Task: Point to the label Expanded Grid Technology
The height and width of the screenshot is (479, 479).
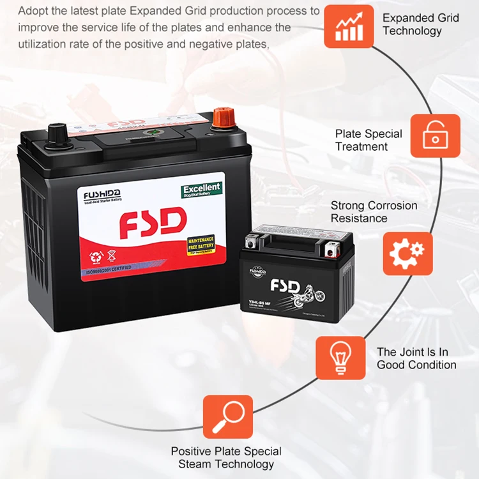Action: (x=421, y=24)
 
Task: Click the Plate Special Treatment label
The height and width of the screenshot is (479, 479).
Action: (x=369, y=140)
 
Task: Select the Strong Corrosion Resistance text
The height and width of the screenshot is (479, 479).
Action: (x=374, y=211)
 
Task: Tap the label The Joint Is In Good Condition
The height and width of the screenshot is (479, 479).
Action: (x=416, y=358)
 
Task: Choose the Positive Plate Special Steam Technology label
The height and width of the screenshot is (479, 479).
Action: (x=227, y=457)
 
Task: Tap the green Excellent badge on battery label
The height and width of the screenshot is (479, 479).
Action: (x=202, y=189)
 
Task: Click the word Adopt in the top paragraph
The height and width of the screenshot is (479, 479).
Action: (x=33, y=11)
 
